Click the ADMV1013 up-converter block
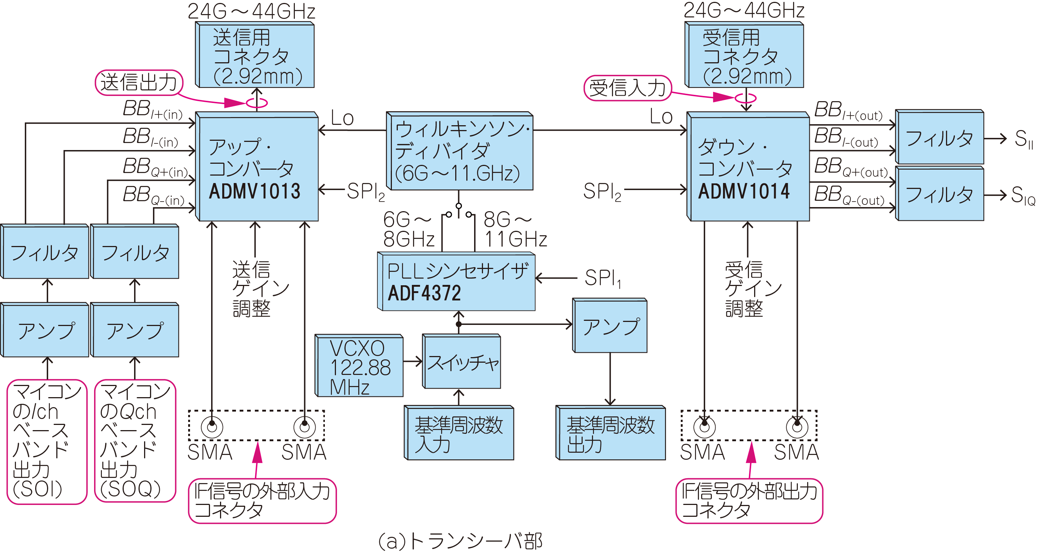pyautogui.click(x=257, y=168)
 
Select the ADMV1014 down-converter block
pyautogui.click(x=748, y=168)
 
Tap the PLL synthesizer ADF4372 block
pyautogui.click(x=457, y=282)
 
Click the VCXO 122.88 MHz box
pyautogui.click(x=360, y=366)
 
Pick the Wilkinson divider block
pyautogui.click(x=460, y=151)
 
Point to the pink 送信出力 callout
pyautogui.click(x=139, y=83)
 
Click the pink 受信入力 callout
pyautogui.click(x=627, y=88)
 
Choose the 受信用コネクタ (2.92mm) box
pyautogui.click(x=745, y=56)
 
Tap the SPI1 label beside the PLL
pyautogui.click(x=603, y=279)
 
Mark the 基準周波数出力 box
pyautogui.click(x=611, y=434)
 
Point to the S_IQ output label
pyautogui.click(x=1022, y=196)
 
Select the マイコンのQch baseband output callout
pyautogui.click(x=135, y=441)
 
